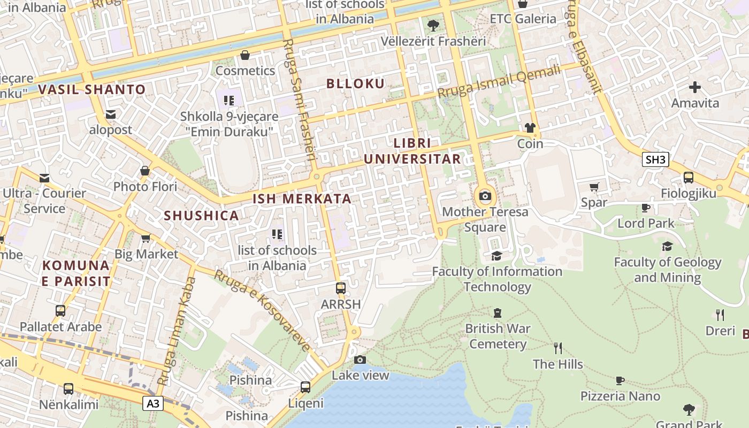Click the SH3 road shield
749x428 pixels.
[x=655, y=159]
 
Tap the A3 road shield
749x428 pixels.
[x=153, y=403]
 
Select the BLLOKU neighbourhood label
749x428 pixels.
[x=355, y=83]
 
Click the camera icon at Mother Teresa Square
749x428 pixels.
[x=485, y=196]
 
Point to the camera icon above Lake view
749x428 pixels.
[x=360, y=360]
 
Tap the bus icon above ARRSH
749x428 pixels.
[x=341, y=288]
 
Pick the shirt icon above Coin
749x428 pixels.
[x=530, y=128]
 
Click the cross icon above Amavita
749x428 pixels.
[x=695, y=87]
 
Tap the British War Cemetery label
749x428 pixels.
[x=498, y=336]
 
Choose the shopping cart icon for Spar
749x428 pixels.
[x=594, y=187]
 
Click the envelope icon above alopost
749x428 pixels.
[x=111, y=114]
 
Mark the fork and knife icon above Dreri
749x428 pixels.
[x=720, y=315]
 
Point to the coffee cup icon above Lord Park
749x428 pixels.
[x=646, y=208]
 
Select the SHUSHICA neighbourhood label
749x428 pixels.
[x=201, y=216]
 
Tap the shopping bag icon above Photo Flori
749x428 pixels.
[x=145, y=171]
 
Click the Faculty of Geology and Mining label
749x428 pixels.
[x=667, y=270]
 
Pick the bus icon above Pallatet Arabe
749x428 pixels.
[x=60, y=311]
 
